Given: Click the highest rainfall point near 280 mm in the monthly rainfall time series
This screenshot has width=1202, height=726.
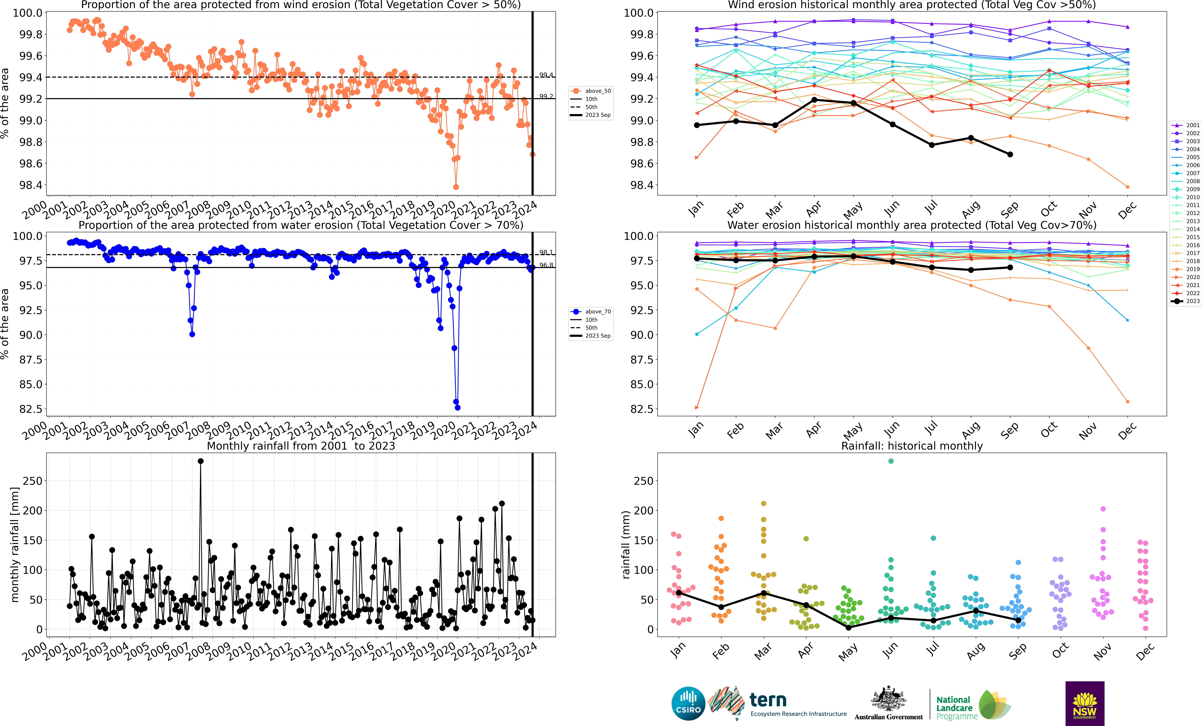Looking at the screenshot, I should click(201, 461).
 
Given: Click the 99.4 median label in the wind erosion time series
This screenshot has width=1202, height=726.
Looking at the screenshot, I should click(546, 75).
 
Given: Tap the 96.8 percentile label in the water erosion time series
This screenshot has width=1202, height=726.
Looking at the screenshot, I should click(546, 265).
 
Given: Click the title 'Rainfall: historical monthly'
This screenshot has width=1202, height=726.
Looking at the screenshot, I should click(912, 446).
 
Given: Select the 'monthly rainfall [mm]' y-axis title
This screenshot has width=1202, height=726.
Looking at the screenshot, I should click(15, 544).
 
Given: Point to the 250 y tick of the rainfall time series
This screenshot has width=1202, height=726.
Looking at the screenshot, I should click(33, 481).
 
